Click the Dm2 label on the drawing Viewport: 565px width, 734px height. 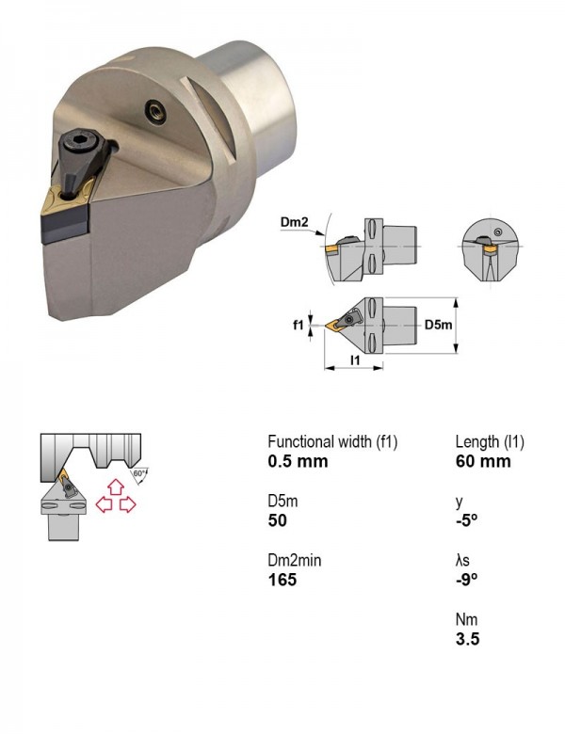pyautogui.click(x=294, y=222)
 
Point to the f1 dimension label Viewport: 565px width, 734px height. pyautogui.click(x=298, y=325)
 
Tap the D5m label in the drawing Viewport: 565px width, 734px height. pyautogui.click(x=438, y=325)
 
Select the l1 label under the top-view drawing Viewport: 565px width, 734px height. pyautogui.click(x=355, y=359)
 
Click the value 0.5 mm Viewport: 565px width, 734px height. pyautogui.click(x=298, y=461)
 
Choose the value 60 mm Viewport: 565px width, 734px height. pyautogui.click(x=483, y=461)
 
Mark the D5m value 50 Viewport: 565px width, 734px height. pyautogui.click(x=278, y=520)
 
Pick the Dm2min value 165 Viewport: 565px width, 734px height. pyautogui.click(x=282, y=580)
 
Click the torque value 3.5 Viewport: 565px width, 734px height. pyautogui.click(x=468, y=639)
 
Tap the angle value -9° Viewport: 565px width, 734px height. pyautogui.click(x=467, y=580)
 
